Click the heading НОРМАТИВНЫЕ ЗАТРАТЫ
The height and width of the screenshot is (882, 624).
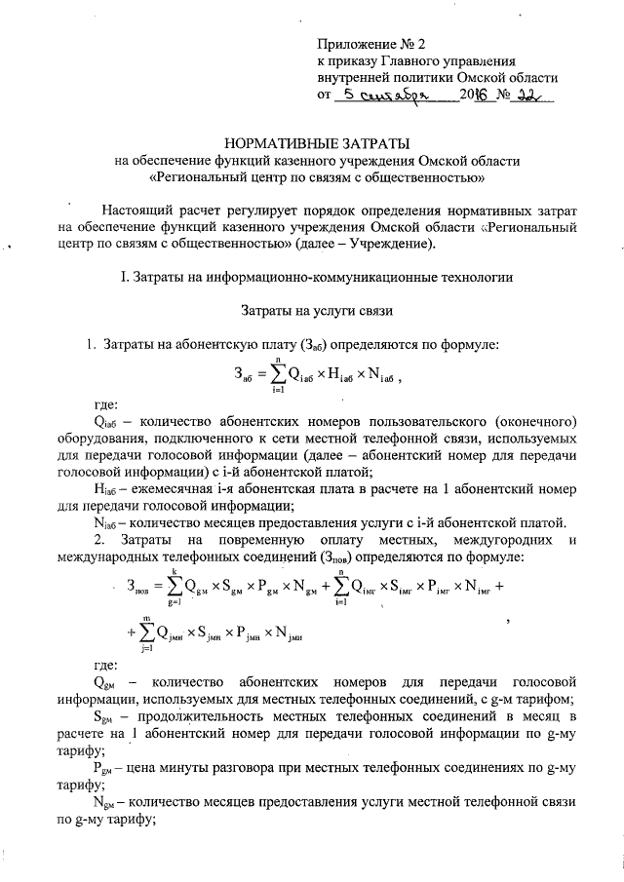tap(312, 142)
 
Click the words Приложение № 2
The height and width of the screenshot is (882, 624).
tap(372, 46)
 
